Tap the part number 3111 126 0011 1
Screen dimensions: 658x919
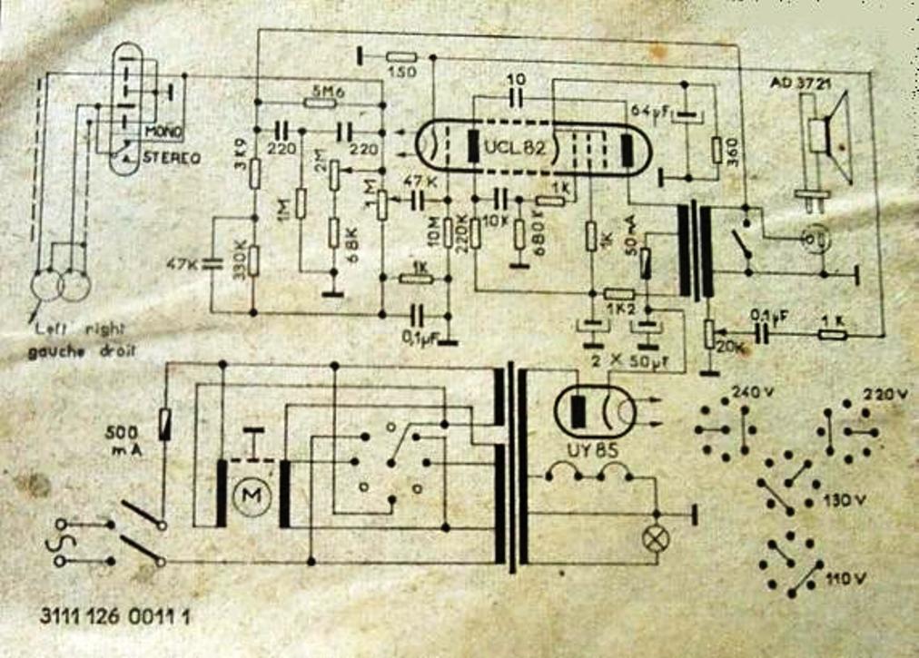(115, 614)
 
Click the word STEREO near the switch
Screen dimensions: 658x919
(171, 157)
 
